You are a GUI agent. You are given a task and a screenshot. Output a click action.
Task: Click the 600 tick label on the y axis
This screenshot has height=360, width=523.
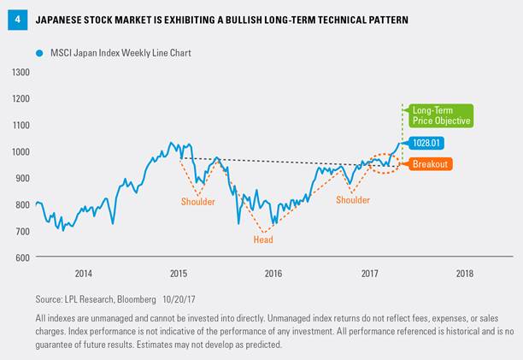[21, 257]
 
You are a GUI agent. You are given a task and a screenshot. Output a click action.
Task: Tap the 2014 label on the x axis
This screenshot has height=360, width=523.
[83, 274]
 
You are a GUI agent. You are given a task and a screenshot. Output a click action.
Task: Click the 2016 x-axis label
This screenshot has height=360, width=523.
[273, 274]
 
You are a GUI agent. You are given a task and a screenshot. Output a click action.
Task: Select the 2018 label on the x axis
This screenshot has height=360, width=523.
[464, 274]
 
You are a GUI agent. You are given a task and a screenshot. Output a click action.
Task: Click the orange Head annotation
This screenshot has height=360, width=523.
[264, 240]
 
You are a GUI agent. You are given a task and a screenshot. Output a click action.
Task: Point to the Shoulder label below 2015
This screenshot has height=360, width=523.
[197, 202]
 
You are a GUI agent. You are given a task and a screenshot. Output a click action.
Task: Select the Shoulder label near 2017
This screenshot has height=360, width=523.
[353, 200]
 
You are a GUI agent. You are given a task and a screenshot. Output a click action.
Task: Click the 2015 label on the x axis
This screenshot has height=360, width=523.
[178, 274]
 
